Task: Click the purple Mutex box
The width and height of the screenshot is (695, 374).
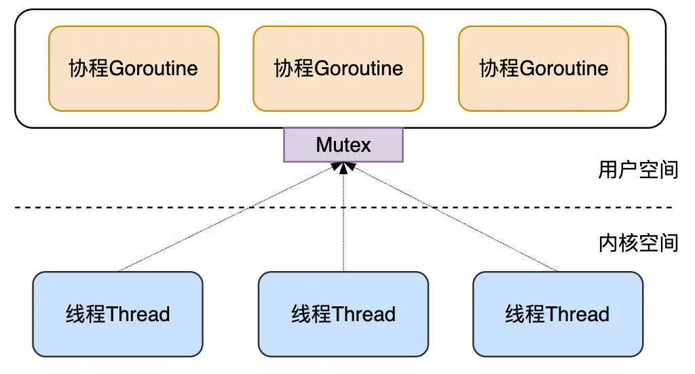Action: click(x=343, y=145)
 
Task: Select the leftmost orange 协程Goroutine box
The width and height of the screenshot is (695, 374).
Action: click(x=134, y=68)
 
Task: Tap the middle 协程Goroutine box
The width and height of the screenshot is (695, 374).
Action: click(x=339, y=68)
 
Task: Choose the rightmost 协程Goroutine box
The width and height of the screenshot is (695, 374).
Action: click(x=544, y=68)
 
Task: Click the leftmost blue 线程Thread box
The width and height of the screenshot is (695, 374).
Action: click(x=117, y=314)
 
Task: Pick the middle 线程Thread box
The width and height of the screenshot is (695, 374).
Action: click(x=343, y=314)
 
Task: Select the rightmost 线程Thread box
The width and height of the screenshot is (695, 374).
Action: click(x=557, y=314)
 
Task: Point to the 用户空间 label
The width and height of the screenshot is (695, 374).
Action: click(x=638, y=169)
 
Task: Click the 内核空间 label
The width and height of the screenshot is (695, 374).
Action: click(x=638, y=243)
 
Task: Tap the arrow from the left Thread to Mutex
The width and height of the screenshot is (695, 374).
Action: click(x=231, y=217)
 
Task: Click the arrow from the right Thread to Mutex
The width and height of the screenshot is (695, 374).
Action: click(x=451, y=217)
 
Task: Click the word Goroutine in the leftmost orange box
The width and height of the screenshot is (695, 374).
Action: click(x=153, y=68)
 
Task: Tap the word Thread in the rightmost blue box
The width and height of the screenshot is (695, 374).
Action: click(x=577, y=314)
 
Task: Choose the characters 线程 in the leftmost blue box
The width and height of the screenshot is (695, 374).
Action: click(x=86, y=314)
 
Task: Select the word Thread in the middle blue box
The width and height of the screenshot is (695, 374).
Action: click(x=363, y=314)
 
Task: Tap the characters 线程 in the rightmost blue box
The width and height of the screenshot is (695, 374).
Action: click(x=525, y=314)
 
